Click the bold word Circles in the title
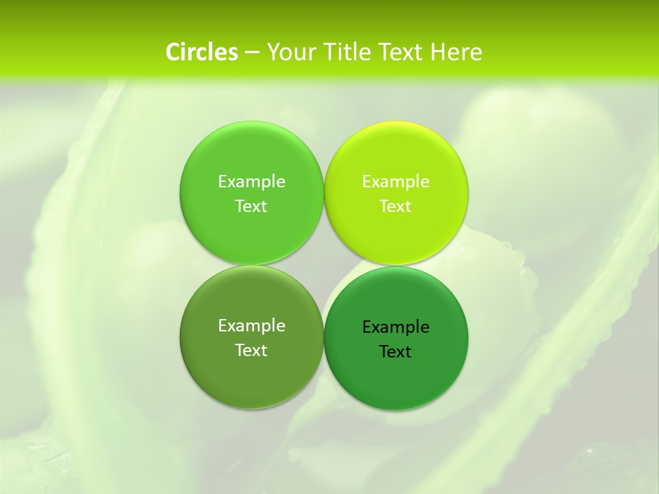[201, 52]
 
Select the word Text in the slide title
[402, 52]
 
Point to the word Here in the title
[456, 52]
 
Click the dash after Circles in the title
[252, 53]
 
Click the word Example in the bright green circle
[251, 182]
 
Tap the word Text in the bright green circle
[251, 207]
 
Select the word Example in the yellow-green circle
[395, 182]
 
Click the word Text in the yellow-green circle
[395, 207]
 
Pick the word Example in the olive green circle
[251, 326]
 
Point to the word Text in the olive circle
[251, 351]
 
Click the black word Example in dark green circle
[395, 327]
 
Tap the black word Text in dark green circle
[395, 352]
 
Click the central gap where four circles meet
[323, 266]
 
